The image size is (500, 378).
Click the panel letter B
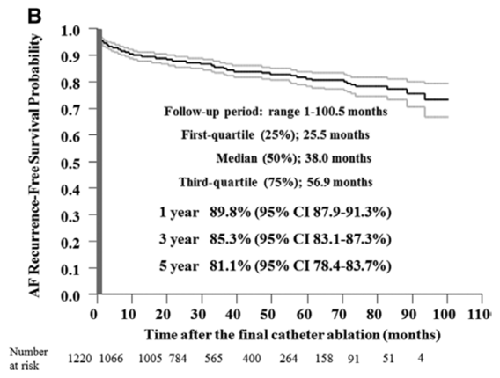click(34, 17)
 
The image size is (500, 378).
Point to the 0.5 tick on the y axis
click(93, 162)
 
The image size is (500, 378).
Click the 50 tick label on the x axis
click(268, 315)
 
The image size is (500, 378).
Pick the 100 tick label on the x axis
click(445, 315)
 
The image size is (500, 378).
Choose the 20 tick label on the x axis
click(163, 315)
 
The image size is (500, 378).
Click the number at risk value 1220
click(80, 359)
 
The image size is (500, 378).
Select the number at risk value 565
click(214, 359)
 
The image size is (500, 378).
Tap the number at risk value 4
click(421, 359)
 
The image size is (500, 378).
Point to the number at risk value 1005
click(151, 359)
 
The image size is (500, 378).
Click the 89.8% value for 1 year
click(230, 213)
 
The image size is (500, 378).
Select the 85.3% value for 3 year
click(230, 239)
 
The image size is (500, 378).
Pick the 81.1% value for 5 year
click(230, 265)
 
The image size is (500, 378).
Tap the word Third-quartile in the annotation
click(217, 183)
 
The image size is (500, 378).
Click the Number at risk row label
click(29, 359)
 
